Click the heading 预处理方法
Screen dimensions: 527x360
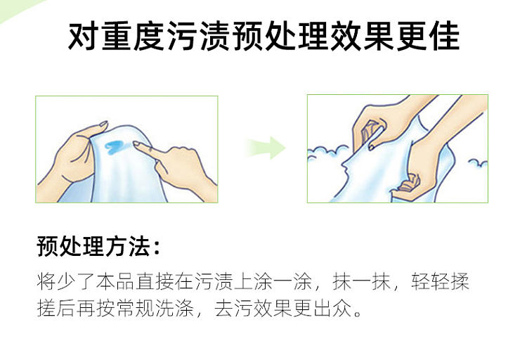click(x=93, y=246)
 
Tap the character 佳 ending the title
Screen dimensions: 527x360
click(x=444, y=37)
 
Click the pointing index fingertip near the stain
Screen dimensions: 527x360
click(x=136, y=143)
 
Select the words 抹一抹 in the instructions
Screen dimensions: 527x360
click(x=361, y=281)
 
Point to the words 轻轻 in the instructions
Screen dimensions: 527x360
click(x=430, y=281)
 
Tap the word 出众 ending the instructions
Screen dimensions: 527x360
click(x=333, y=308)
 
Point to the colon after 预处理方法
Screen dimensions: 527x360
click(x=156, y=247)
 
